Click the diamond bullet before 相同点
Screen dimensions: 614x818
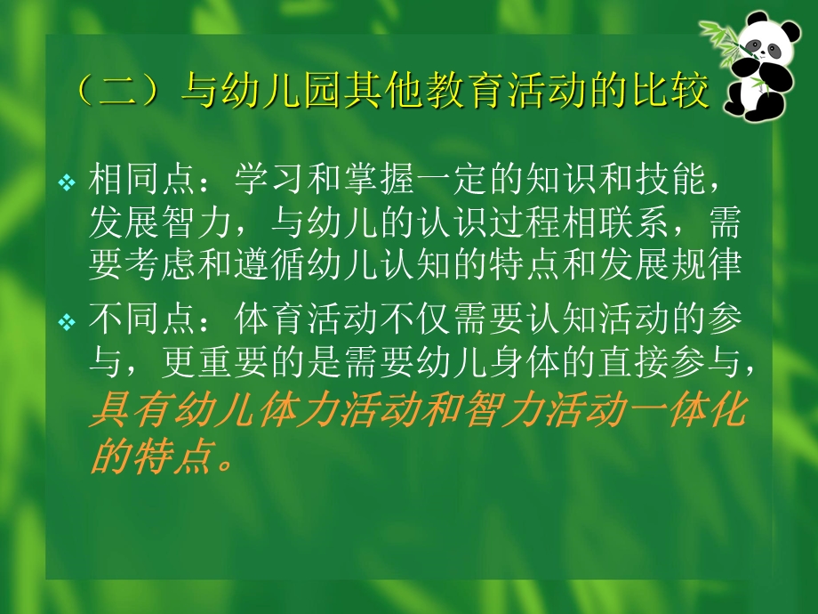pyautogui.click(x=67, y=183)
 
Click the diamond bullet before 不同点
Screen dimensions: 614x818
pyautogui.click(x=67, y=322)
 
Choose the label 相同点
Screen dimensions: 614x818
pyautogui.click(x=132, y=182)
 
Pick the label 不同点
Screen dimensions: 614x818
pyautogui.click(x=132, y=320)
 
